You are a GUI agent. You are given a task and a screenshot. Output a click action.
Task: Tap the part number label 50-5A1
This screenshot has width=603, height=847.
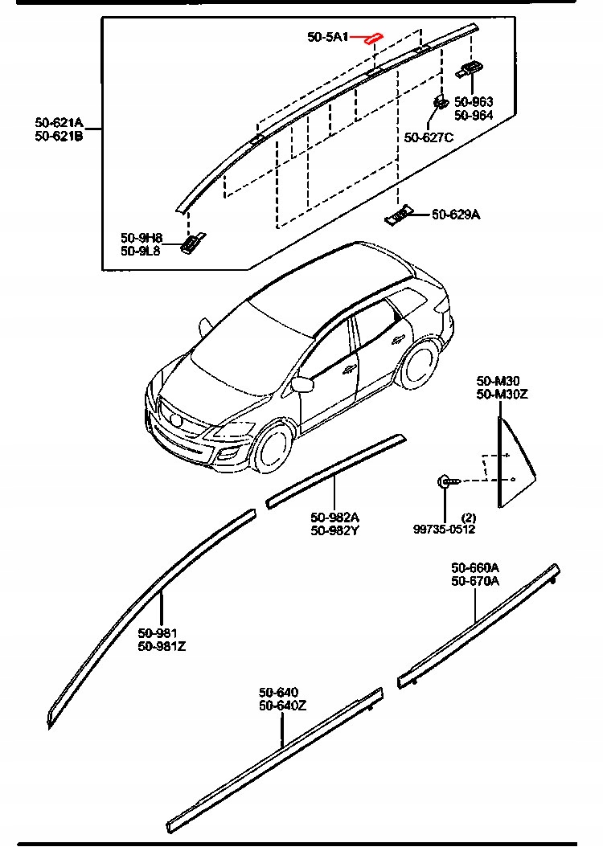pos(327,37)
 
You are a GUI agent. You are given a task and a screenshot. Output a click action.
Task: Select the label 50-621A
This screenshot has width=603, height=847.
pos(59,122)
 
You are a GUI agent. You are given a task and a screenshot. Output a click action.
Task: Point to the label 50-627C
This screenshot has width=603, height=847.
pos(429,137)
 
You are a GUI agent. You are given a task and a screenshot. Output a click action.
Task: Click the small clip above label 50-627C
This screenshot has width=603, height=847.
pos(441,102)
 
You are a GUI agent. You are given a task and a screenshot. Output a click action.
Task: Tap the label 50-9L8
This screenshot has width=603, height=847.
pos(141,251)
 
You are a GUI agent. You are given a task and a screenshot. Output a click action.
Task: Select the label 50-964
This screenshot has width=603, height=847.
pos(474,115)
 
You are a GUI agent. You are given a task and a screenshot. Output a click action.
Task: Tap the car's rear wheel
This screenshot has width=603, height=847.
pos(417,363)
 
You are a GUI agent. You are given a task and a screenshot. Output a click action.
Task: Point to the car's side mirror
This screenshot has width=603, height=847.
pos(302,384)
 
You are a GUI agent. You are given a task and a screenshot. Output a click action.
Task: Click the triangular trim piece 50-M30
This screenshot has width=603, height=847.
pos(511,462)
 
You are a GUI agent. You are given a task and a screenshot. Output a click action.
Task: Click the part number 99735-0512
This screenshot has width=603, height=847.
pos(445,529)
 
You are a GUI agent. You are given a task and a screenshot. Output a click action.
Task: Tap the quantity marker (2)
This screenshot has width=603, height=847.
pos(469,517)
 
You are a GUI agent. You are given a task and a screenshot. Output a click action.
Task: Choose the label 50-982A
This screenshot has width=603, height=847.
pos(335,517)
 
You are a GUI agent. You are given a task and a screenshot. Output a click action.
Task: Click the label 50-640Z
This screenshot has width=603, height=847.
pos(282,705)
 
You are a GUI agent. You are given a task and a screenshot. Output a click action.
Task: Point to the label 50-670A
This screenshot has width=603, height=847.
pos(475,580)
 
